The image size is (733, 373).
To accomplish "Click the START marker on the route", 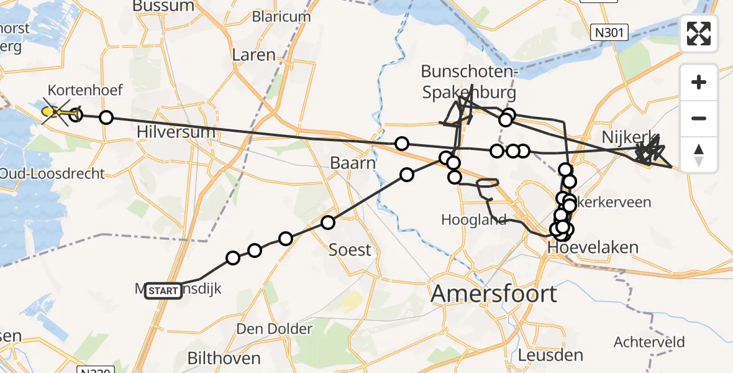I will coord(163,290).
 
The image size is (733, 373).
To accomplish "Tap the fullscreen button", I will coord(699,34).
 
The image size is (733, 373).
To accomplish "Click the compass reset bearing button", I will coord(699,155).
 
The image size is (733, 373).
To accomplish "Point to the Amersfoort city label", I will coord(494,293).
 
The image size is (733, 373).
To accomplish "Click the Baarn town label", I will coord(353,164).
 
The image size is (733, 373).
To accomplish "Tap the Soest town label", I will coord(350,250).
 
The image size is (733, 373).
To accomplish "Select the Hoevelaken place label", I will coord(593,248).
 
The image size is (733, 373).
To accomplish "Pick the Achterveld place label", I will coord(649,342).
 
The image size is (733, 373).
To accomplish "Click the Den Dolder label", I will coord(274,328).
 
